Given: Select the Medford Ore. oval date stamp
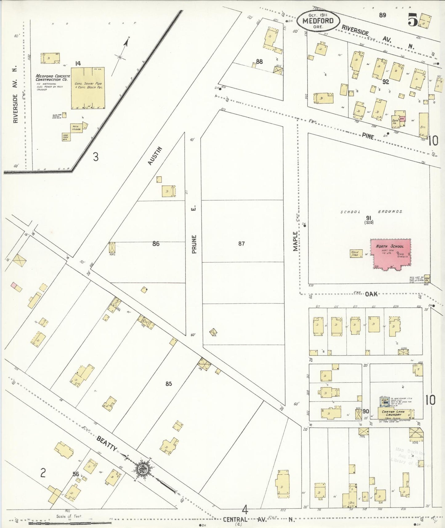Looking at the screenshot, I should click(x=318, y=21).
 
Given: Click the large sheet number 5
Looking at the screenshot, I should click(x=413, y=20).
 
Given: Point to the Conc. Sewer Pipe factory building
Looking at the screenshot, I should click(x=88, y=88).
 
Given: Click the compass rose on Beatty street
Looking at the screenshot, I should click(x=144, y=469).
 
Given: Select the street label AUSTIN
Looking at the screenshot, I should click(x=155, y=155).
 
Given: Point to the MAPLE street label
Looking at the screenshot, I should click(x=295, y=241).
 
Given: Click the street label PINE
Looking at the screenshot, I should click(x=368, y=136).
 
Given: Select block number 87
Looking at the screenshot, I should click(x=241, y=244).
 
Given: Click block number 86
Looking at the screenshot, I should click(x=156, y=244).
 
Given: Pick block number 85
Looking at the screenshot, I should click(x=168, y=384).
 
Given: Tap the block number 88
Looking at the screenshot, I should click(x=259, y=62).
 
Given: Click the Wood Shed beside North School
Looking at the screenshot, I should click(x=355, y=253).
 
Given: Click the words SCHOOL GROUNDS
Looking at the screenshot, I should click(x=371, y=212).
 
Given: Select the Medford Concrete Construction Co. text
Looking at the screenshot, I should click(x=53, y=78).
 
